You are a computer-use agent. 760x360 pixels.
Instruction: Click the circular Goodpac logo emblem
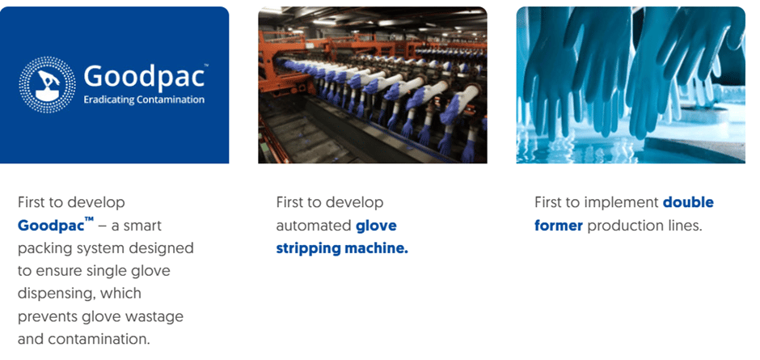[47, 85]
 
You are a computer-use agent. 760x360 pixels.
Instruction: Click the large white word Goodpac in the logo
[143, 77]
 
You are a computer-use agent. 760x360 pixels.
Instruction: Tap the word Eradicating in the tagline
[107, 100]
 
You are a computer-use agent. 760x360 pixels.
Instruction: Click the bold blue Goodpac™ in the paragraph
[56, 225]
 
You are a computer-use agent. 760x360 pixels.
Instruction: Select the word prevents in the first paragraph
[43, 316]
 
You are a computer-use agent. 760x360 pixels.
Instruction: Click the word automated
[314, 226]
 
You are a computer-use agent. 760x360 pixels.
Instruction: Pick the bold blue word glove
[376, 226]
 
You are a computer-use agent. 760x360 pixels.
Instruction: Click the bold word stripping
[308, 248]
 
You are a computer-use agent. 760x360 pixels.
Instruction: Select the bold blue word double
[688, 202]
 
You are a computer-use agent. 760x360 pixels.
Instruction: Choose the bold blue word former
[559, 226]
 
